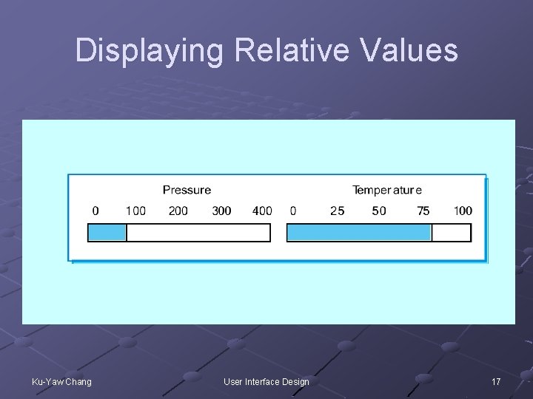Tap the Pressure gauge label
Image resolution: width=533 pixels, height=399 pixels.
point(187,191)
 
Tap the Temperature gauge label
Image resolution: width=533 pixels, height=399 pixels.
point(387,191)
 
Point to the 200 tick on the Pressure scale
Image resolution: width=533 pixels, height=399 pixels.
point(178,211)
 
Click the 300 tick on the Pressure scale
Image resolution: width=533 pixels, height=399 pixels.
point(221,211)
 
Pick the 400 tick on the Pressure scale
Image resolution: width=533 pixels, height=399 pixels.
point(262,211)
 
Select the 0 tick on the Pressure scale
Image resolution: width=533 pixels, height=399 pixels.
point(95,211)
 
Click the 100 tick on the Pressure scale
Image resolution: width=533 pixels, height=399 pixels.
point(135,211)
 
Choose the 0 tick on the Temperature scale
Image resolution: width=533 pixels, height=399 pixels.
point(293,211)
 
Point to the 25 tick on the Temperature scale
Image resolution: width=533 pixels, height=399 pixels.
point(337,211)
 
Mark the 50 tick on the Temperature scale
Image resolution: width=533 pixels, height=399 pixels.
point(379,211)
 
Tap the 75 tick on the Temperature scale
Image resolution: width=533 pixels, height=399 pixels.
point(423,211)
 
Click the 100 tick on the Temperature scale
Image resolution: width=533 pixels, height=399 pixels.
point(463,211)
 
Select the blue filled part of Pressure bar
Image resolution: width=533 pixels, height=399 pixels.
point(107,233)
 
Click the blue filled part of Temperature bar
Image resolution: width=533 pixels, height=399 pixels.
point(359,233)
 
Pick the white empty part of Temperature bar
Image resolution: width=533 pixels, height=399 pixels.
point(451,233)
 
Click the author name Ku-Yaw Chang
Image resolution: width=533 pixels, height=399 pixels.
point(62,381)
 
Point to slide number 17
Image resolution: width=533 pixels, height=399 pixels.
point(496,381)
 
